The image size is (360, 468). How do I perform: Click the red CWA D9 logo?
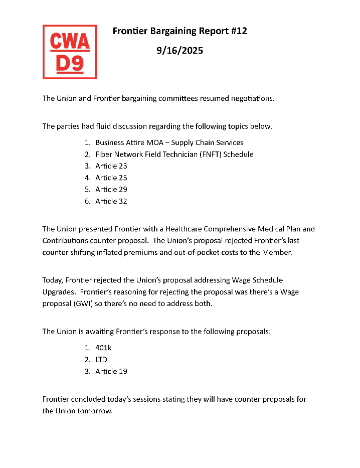70,52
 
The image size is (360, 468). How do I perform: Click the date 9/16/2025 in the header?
179,51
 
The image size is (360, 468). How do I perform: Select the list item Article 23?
111,166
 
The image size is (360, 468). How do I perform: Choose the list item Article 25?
111,178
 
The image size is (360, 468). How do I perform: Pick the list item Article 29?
111,189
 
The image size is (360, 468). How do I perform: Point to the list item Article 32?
111,201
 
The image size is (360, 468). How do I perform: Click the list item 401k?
104,348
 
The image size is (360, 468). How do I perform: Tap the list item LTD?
101,360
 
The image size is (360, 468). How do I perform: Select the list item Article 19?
111,371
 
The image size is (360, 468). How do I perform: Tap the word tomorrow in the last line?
94,411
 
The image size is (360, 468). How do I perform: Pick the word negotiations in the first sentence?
250,98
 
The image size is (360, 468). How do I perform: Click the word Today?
53,280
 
